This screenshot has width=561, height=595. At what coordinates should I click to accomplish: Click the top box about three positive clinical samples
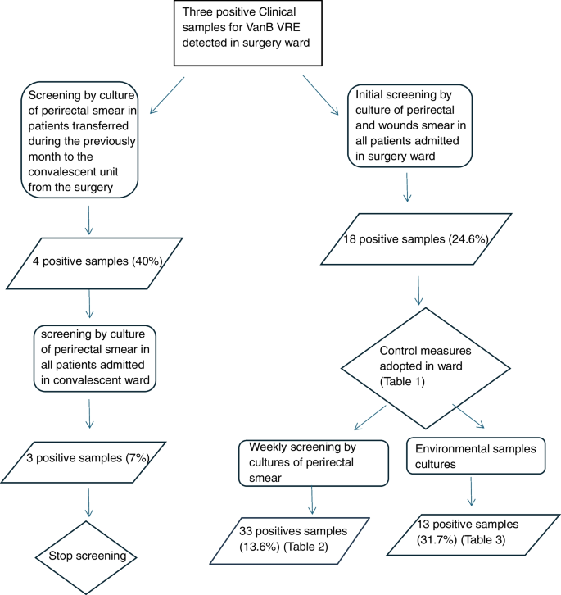(x=243, y=32)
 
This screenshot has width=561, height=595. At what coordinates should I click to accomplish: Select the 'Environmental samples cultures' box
(x=475, y=456)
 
